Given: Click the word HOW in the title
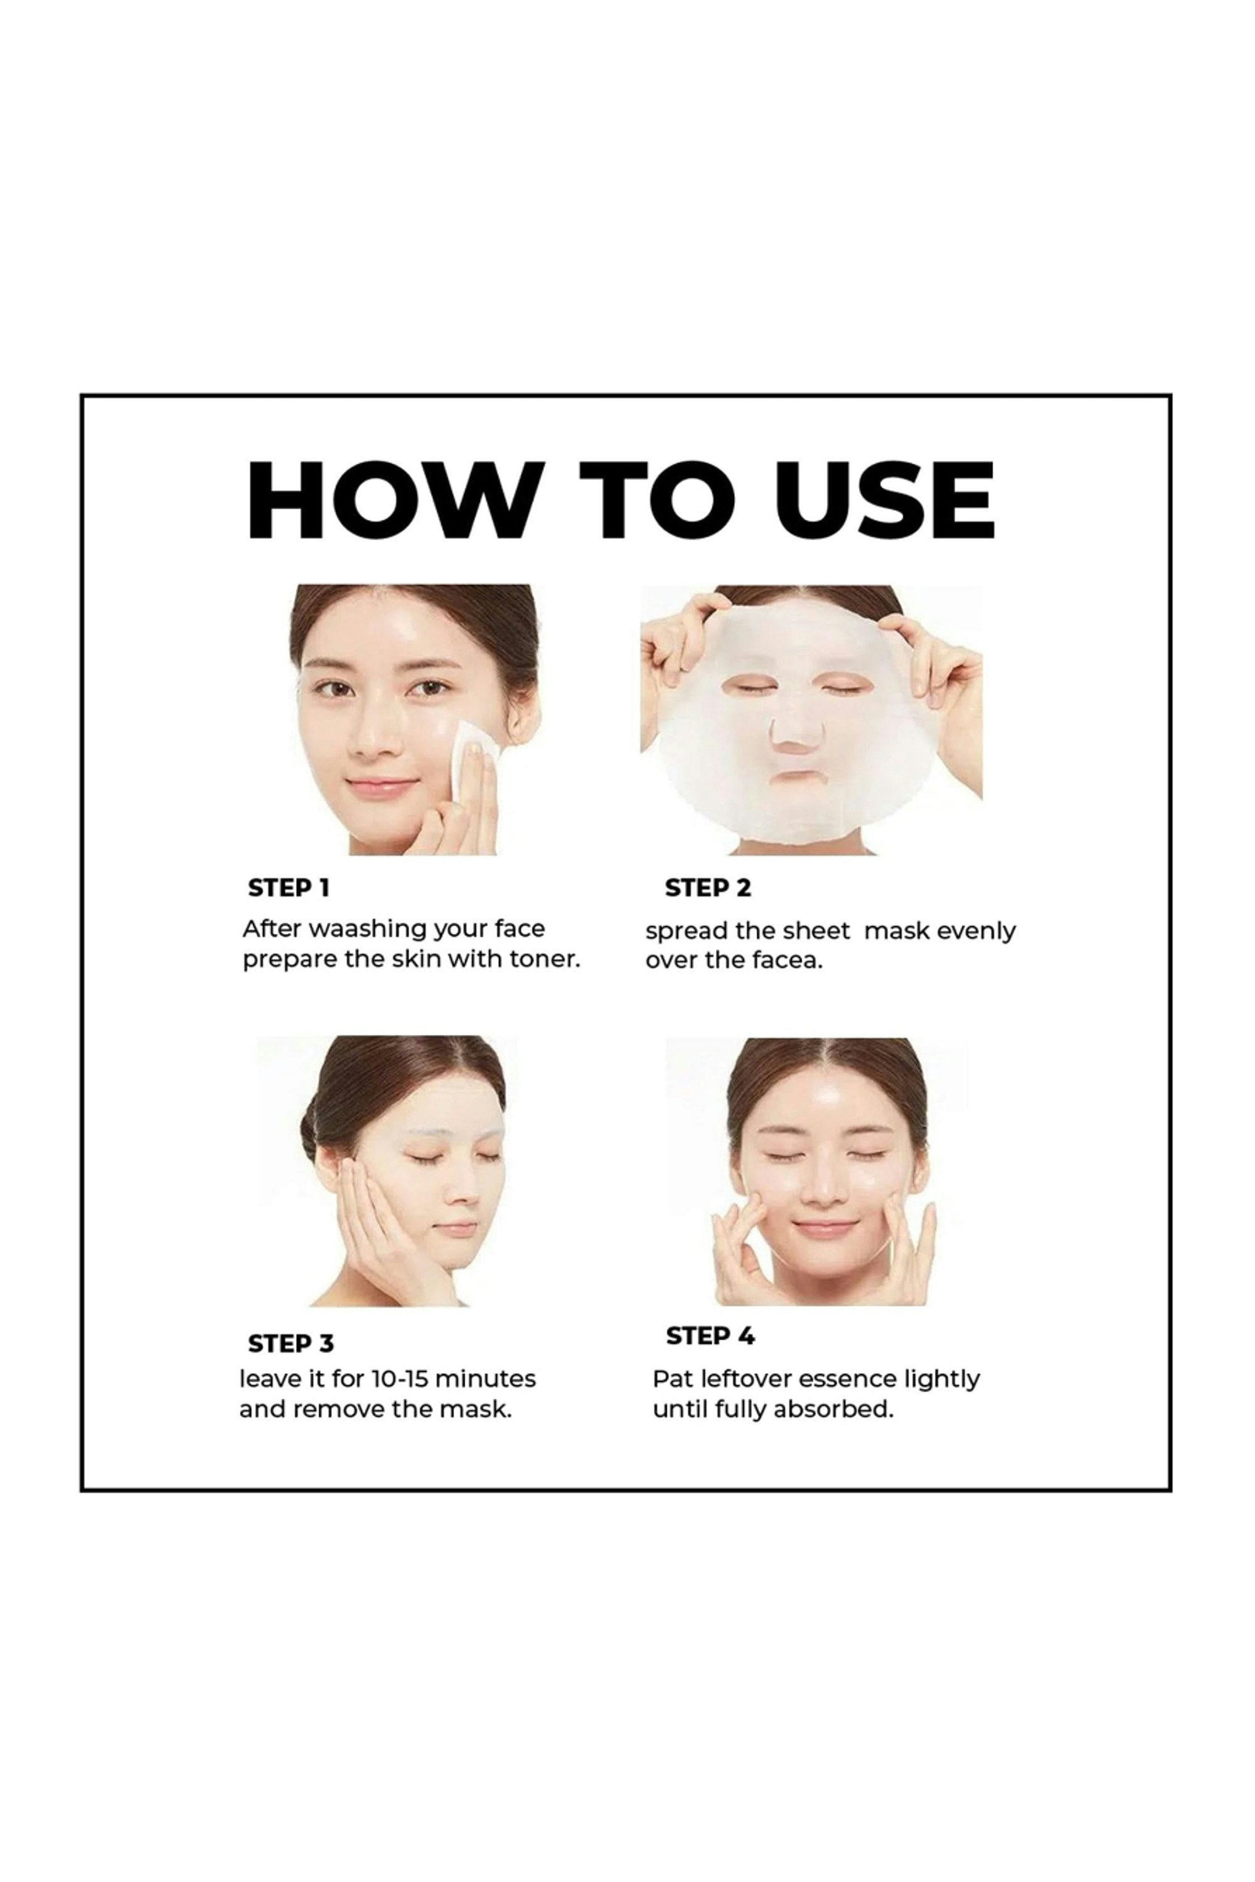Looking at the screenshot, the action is (x=392, y=500).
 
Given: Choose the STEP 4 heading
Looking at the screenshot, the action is (x=710, y=1336).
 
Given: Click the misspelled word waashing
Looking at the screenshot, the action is (x=367, y=930).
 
